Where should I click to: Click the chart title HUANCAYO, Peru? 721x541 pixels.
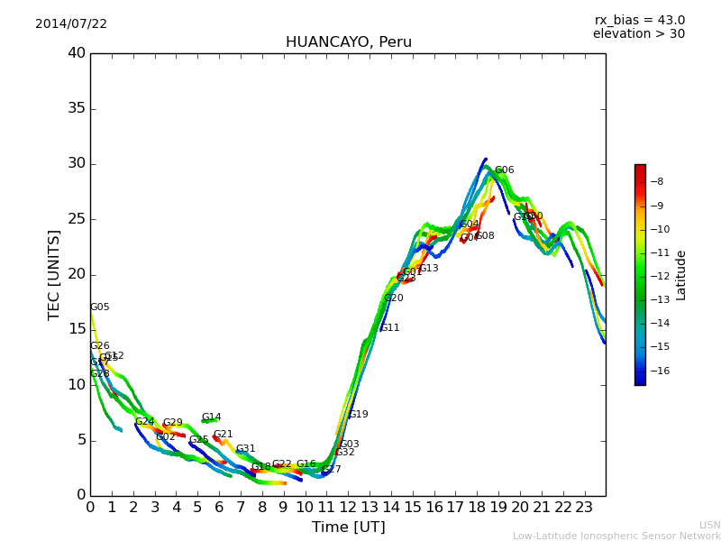[x=348, y=42]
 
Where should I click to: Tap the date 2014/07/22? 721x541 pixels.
[x=71, y=24]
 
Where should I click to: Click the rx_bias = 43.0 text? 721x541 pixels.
[x=639, y=21]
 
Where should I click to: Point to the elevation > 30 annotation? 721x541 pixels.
[x=638, y=34]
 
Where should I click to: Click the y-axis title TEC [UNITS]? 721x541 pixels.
[x=54, y=274]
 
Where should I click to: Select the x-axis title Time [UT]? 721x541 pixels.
[x=348, y=527]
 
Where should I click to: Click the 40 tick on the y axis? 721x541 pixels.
[x=77, y=53]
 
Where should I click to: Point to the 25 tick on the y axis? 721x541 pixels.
[x=77, y=219]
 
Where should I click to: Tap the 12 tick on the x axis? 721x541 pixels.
[x=349, y=508]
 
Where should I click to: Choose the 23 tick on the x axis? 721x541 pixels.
[x=585, y=508]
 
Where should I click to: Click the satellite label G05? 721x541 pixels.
[x=99, y=307]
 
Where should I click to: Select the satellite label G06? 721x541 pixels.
[x=504, y=170]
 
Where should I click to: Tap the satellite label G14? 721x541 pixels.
[x=211, y=417]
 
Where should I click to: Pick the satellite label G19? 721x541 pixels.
[x=359, y=415]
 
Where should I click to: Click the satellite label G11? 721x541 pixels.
[x=390, y=328]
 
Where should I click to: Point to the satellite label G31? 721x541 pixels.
[x=245, y=449]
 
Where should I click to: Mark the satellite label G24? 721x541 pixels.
[x=144, y=422]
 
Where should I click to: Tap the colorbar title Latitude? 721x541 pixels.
[x=681, y=275]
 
